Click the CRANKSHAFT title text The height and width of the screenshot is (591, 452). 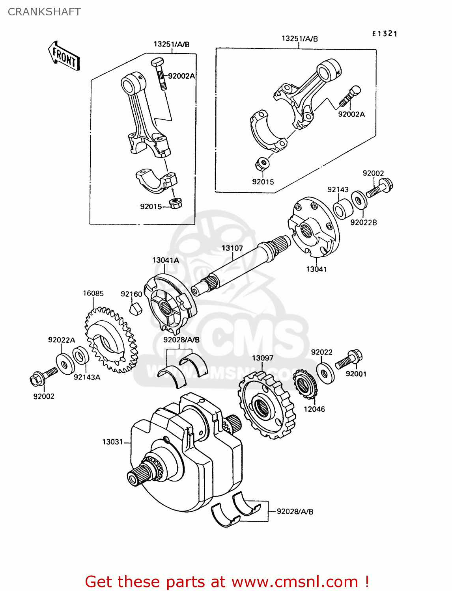pyautogui.click(x=44, y=12)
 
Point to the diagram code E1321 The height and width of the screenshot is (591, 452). pyautogui.click(x=385, y=34)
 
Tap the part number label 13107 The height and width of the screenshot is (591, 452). pyautogui.click(x=232, y=248)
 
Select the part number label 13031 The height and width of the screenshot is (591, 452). pyautogui.click(x=113, y=442)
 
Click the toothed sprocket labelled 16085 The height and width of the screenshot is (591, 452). pyautogui.click(x=110, y=341)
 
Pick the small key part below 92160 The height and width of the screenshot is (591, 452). pyautogui.click(x=136, y=308)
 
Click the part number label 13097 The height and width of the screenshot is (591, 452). pyautogui.click(x=263, y=358)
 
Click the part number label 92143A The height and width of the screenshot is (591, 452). pyautogui.click(x=87, y=377)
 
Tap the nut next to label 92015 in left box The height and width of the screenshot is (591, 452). pyautogui.click(x=175, y=204)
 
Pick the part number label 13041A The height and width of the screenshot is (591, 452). pyautogui.click(x=166, y=260)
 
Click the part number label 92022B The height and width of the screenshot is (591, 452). pyautogui.click(x=363, y=223)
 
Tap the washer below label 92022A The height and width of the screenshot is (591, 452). pyautogui.click(x=65, y=363)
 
